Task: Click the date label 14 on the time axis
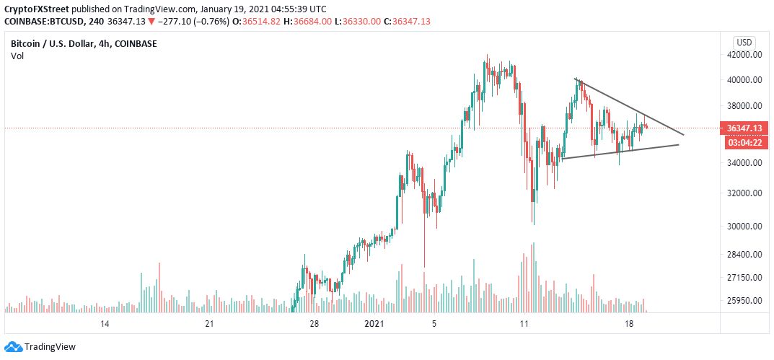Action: coord(105,325)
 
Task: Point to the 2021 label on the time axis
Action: coord(374,325)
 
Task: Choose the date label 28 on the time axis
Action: coord(314,325)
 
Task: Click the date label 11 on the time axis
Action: coord(524,325)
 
